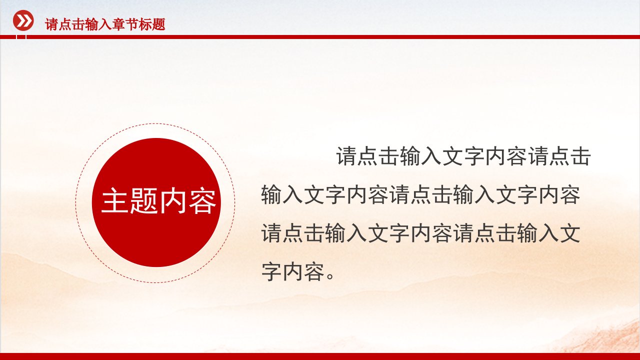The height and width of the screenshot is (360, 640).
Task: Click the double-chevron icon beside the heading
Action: tap(23, 20)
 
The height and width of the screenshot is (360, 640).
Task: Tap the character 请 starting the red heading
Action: tap(51, 24)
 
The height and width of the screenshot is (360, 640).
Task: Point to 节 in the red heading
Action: tap(132, 24)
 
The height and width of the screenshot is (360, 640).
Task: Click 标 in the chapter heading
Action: tap(145, 24)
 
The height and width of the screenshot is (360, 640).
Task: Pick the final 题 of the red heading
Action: tap(159, 24)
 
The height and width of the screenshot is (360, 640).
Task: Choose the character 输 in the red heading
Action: tap(91, 24)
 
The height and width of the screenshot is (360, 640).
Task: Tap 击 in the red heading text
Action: tap(78, 24)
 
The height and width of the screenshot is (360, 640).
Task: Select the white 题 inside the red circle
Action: tap(143, 200)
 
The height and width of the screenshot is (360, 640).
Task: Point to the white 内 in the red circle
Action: tap(173, 200)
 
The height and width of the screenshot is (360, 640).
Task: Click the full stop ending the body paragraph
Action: tap(331, 276)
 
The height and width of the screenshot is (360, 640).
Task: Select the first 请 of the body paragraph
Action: tap(347, 156)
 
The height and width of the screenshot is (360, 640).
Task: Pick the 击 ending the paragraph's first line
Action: tap(580, 156)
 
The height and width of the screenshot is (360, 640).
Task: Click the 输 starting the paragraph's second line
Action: tap(271, 195)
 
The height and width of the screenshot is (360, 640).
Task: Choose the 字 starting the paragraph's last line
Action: tap(271, 271)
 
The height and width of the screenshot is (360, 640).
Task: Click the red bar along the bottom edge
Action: tap(320, 356)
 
